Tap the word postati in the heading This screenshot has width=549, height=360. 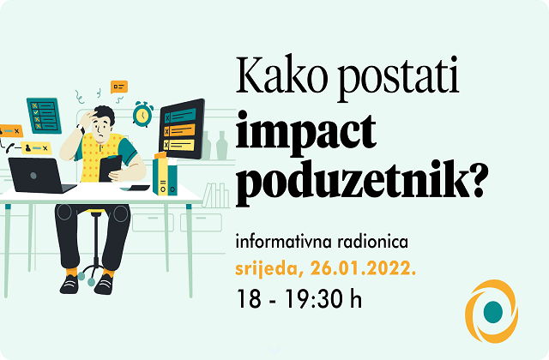[398, 79]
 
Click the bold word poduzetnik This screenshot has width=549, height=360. [353, 183]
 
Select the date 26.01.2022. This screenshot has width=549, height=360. [364, 268]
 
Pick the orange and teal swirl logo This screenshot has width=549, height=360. [492, 311]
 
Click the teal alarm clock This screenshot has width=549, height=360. [142, 114]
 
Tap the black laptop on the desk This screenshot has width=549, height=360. [41, 176]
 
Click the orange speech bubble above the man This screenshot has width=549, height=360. [119, 87]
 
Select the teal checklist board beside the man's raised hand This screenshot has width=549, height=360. [44, 116]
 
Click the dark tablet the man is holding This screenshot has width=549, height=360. [110, 168]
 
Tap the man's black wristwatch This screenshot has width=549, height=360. [81, 129]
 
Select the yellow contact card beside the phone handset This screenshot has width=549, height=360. [36, 148]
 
